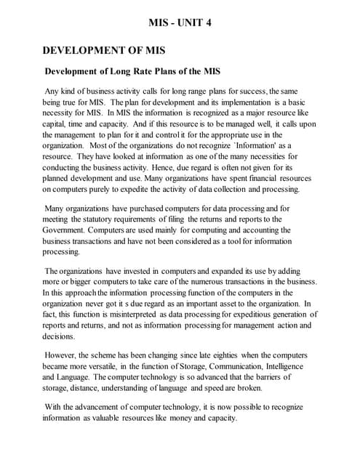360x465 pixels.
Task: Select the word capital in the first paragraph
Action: tap(56, 124)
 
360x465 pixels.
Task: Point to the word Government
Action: tap(67, 230)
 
